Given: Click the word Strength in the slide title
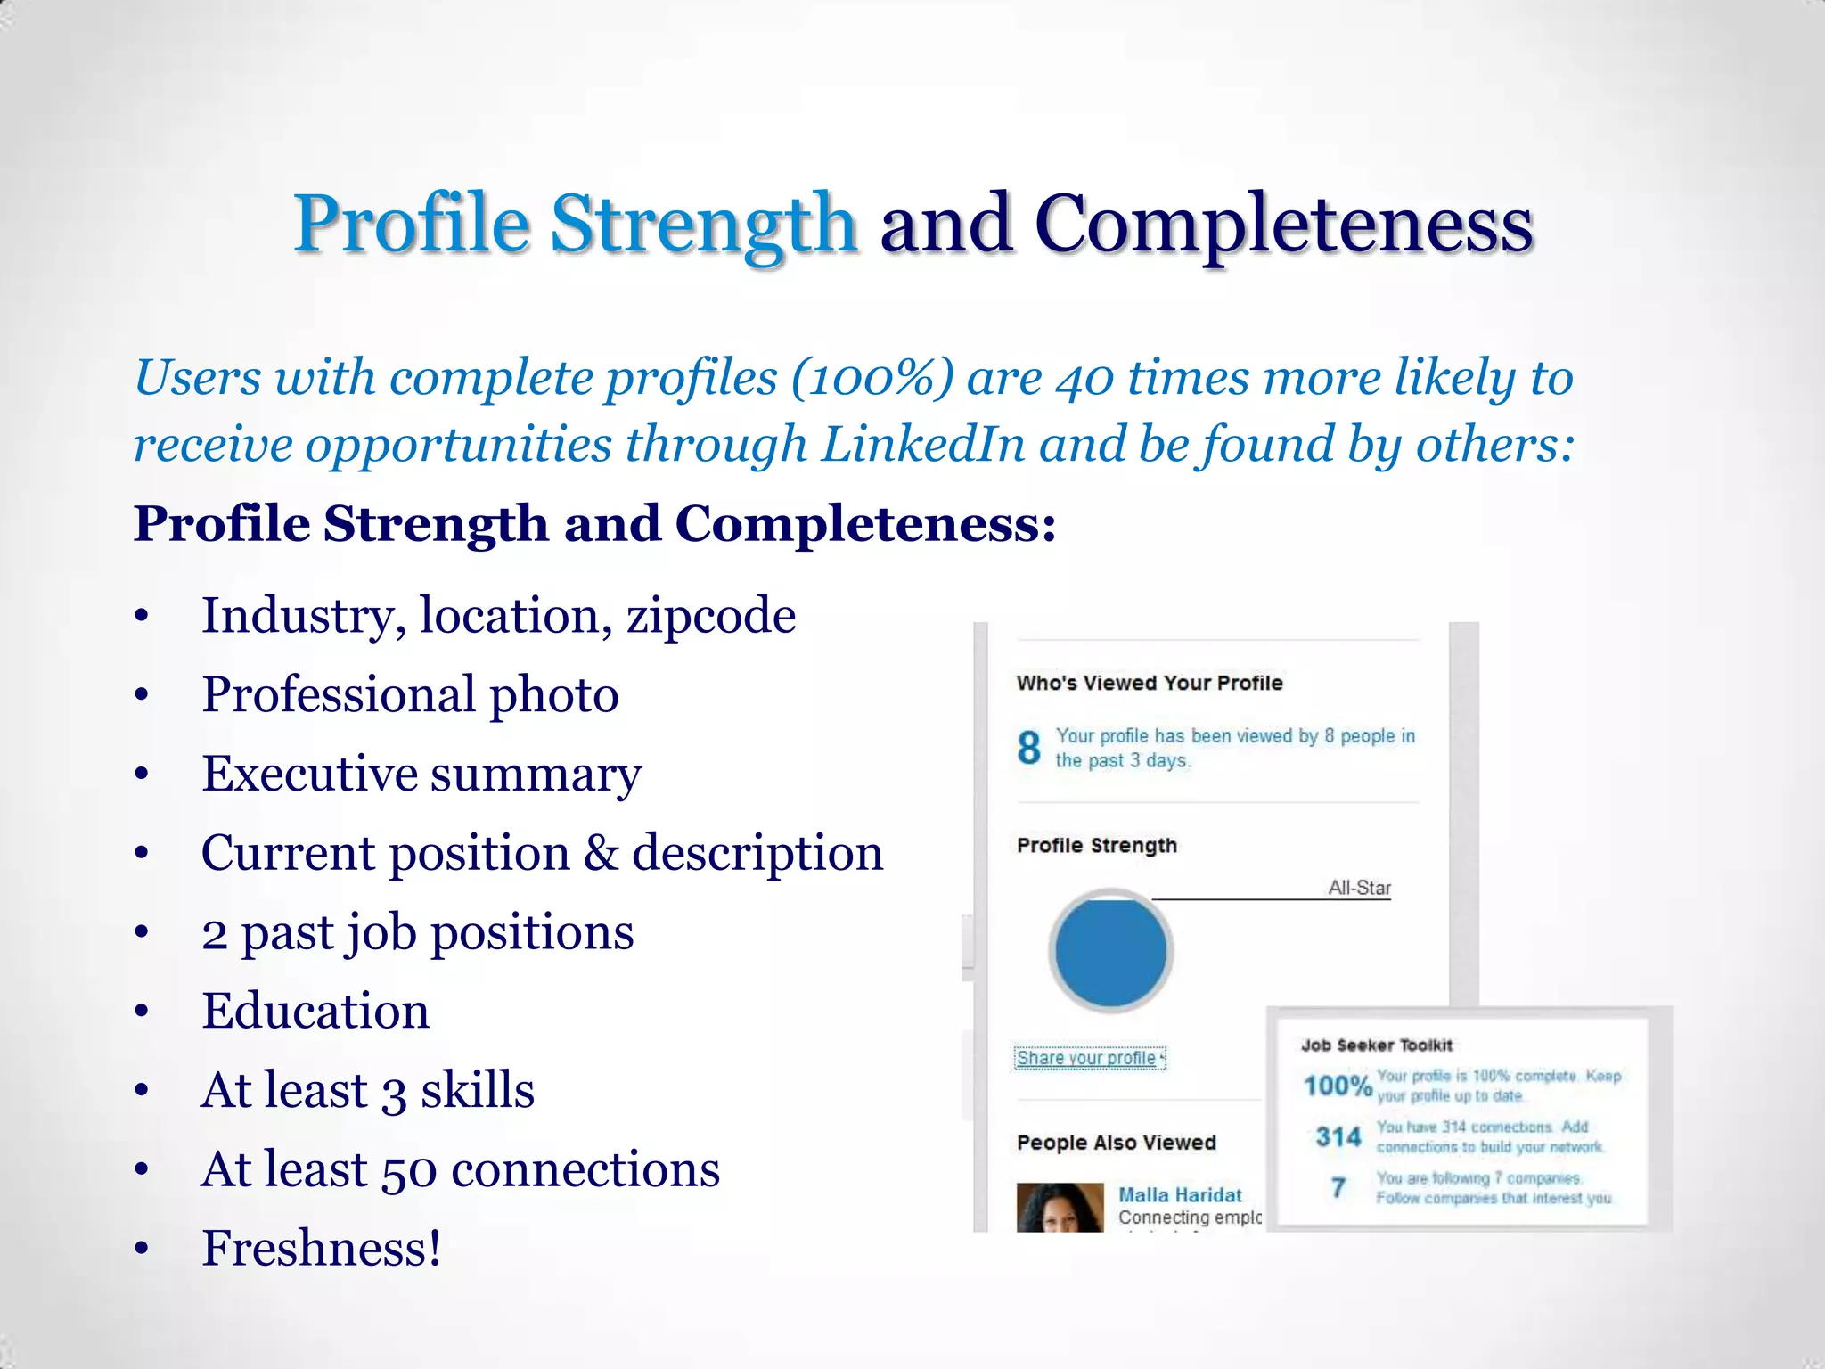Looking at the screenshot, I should (x=703, y=224).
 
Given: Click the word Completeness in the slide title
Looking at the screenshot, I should (x=1283, y=224).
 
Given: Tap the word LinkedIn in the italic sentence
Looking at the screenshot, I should (x=922, y=444).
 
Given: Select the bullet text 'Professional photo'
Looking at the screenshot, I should (x=410, y=694).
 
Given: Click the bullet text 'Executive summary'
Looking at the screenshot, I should (x=421, y=774).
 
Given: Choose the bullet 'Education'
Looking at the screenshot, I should (x=315, y=1011).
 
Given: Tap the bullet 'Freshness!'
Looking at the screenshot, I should (x=322, y=1248).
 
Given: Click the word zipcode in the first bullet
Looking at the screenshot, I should (x=711, y=616).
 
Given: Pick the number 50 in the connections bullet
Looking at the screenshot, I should (x=409, y=1169).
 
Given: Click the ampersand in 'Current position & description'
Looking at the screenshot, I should (x=601, y=853).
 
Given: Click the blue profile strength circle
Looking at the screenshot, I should (x=1110, y=951).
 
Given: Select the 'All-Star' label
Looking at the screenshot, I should (x=1359, y=888).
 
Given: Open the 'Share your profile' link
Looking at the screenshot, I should (x=1087, y=1058).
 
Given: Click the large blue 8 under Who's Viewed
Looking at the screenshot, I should (x=1029, y=747).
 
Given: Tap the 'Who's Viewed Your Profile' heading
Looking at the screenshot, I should (x=1150, y=683).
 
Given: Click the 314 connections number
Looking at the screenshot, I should (x=1338, y=1136).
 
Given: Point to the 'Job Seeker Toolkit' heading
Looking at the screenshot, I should (x=1376, y=1045).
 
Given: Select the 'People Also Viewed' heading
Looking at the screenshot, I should (x=1116, y=1143).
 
